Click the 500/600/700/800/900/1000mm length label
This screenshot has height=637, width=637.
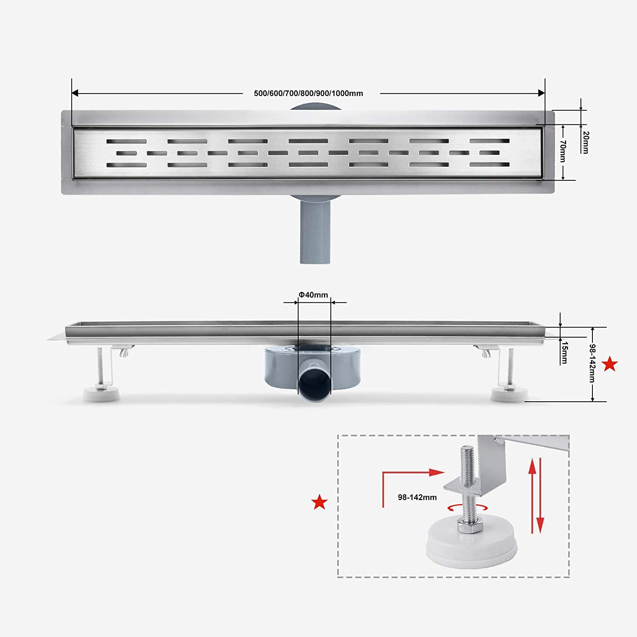pos(308,93)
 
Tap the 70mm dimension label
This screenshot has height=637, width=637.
pos(563,151)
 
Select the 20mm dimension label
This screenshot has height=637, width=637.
pos(586,142)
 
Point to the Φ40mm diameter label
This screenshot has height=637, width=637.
pos(313,295)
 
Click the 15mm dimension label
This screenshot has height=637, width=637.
pos(564,352)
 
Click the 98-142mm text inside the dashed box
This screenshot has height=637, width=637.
pos(417,497)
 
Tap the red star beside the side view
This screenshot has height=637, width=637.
pos(610,364)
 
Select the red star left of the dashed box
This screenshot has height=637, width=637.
pos(319,502)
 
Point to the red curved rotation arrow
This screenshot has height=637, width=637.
pos(467,507)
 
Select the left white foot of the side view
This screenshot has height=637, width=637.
pos(101,394)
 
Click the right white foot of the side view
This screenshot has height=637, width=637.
pos(509,394)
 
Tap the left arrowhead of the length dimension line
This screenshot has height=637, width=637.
pos(75,93)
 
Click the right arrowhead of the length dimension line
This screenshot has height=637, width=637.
pos(541,93)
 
